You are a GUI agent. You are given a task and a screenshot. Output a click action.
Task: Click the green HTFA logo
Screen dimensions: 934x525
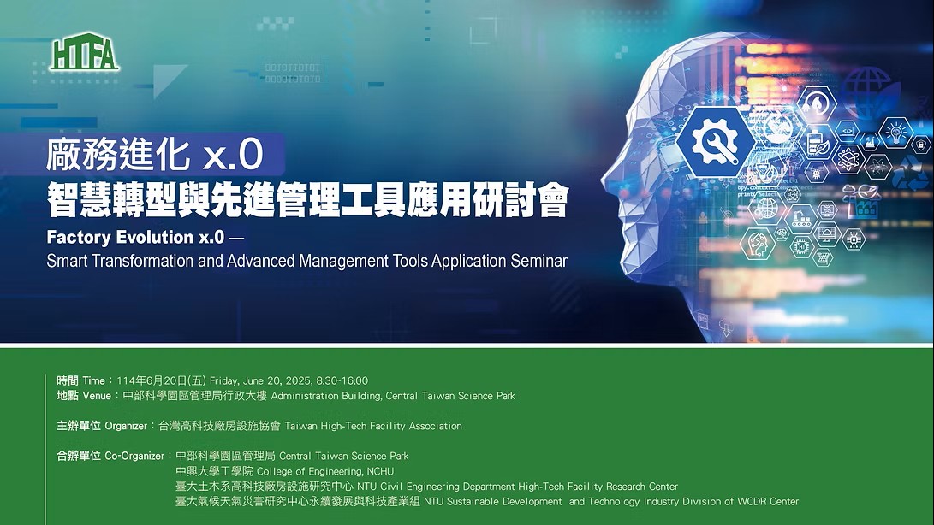click(x=84, y=52)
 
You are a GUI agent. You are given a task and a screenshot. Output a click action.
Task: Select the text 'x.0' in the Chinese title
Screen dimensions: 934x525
click(x=233, y=154)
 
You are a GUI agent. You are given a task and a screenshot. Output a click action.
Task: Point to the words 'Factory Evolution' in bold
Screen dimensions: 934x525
click(x=121, y=237)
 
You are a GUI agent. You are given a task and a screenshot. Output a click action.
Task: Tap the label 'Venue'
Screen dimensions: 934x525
click(x=97, y=396)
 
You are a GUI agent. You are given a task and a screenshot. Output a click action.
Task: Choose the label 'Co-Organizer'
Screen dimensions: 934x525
click(x=134, y=456)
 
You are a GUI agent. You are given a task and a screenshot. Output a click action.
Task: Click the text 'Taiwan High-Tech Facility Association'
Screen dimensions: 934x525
click(x=373, y=426)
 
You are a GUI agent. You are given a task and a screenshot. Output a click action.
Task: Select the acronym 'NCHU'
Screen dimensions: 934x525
click(x=381, y=471)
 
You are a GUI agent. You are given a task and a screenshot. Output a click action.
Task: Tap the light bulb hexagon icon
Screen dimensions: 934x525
click(x=895, y=133)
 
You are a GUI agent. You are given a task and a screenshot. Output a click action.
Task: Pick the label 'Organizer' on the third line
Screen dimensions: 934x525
click(x=126, y=426)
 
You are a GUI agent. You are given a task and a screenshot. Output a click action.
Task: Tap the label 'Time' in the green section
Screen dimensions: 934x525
click(x=93, y=381)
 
